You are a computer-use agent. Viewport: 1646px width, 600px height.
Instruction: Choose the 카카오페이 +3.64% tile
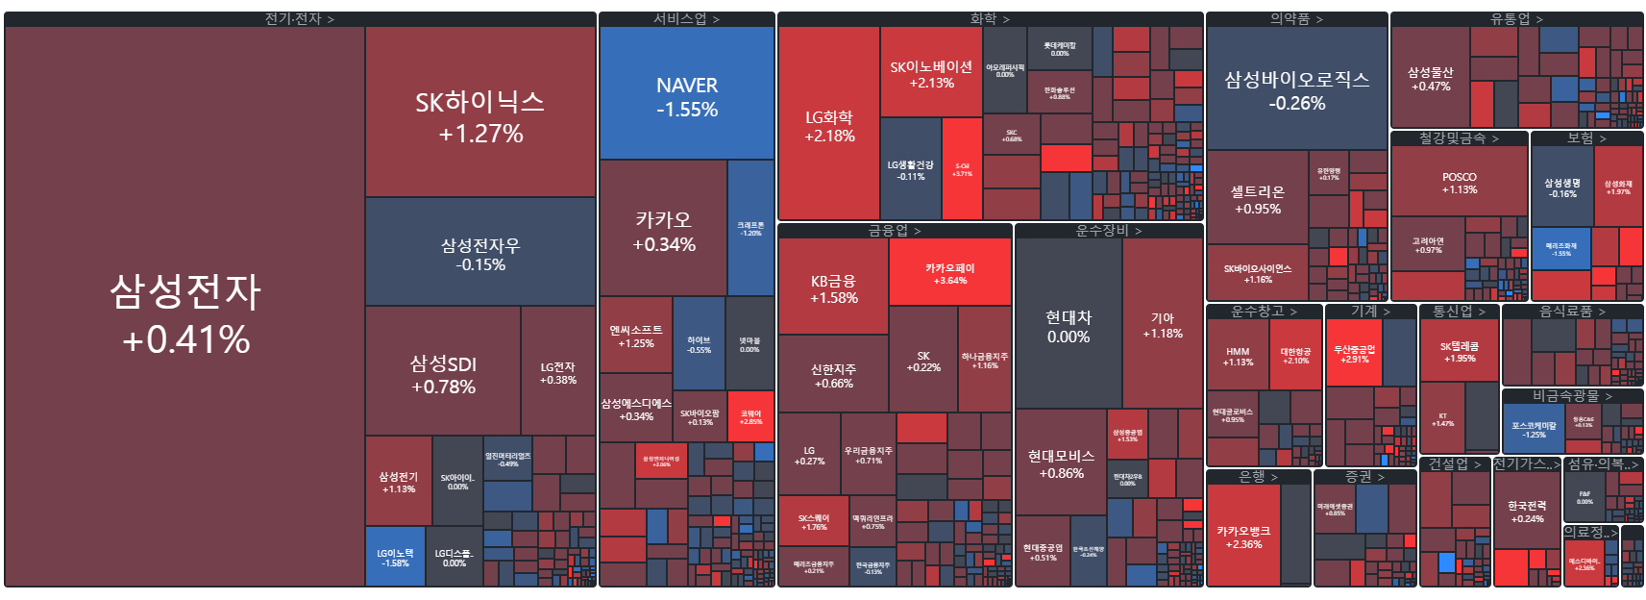click(949, 272)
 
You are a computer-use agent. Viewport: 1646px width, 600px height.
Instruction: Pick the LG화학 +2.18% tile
click(829, 124)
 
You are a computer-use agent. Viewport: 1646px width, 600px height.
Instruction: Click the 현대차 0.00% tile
click(1068, 325)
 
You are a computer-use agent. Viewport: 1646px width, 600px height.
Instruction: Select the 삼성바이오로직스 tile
click(1296, 88)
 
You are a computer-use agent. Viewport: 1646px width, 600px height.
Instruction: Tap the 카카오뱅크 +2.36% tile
click(1243, 536)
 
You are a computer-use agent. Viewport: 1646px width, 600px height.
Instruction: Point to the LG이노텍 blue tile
click(395, 557)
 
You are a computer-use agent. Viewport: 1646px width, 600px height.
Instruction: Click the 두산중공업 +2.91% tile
click(1354, 353)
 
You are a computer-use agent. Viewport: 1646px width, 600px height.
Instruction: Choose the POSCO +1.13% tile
click(1459, 182)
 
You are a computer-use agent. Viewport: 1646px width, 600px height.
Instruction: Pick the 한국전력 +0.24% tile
click(1526, 511)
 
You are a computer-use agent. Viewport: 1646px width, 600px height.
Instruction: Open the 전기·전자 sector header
click(300, 18)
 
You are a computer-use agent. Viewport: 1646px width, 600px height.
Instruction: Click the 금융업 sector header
click(894, 231)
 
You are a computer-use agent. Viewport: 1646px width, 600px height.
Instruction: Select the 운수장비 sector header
click(1108, 231)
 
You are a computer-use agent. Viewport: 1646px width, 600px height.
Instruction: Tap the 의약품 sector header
click(1296, 18)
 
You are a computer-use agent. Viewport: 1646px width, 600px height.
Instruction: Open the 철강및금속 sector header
click(1459, 138)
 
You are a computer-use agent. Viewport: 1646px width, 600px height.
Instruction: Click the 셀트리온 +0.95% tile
click(1257, 198)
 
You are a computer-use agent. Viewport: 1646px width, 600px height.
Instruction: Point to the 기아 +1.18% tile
click(1163, 324)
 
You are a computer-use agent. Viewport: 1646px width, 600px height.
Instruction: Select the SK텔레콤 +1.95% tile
click(1459, 351)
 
